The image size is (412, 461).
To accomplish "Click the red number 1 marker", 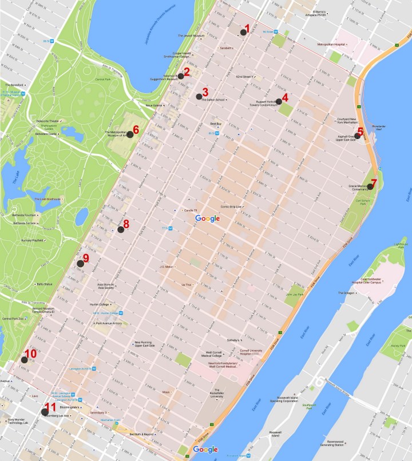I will [x=247, y=28].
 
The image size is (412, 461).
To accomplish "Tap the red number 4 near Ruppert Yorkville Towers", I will [x=285, y=97].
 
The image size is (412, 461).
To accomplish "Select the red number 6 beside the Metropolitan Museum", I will [x=136, y=129].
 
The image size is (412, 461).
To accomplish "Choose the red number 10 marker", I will [x=30, y=354].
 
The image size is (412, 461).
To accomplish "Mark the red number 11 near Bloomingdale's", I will [x=50, y=407].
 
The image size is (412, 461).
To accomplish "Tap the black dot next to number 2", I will [x=180, y=75].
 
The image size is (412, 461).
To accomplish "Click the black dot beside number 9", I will [x=80, y=263].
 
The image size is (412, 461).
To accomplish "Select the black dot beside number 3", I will [x=199, y=96].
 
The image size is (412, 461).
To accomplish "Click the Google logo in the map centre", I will [x=207, y=218].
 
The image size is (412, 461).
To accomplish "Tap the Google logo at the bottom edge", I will [x=205, y=450].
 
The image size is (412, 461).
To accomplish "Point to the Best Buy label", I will [x=215, y=124].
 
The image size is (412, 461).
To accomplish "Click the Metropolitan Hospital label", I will [x=335, y=43].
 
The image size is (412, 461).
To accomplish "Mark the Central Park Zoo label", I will [x=13, y=318].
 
